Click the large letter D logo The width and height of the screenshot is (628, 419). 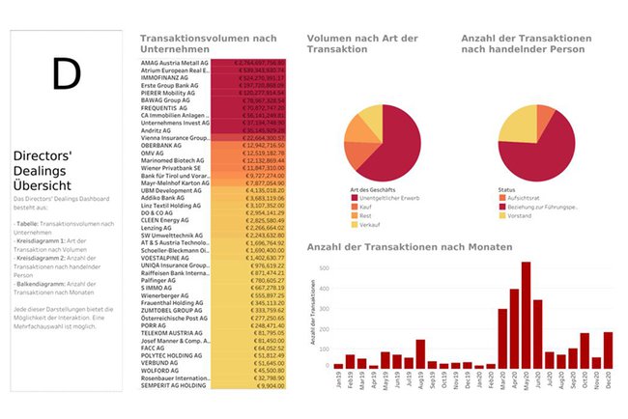point(66,73)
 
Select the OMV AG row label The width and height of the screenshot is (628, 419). point(155,153)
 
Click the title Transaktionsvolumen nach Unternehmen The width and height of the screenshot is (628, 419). point(208,42)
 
